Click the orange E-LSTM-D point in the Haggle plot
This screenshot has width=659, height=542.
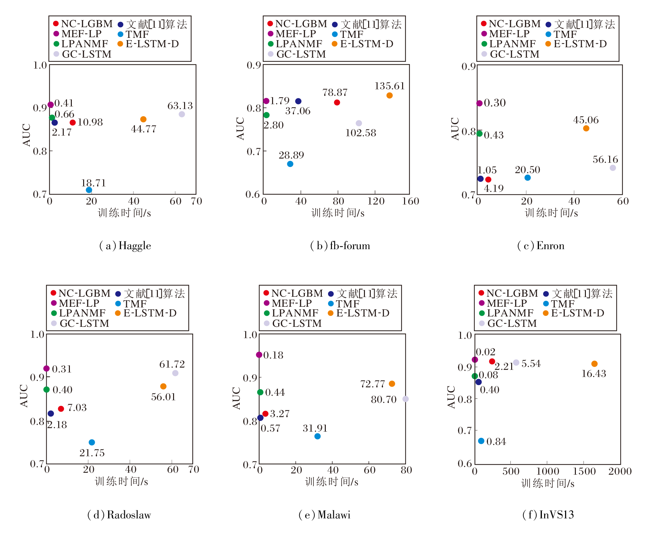(143, 119)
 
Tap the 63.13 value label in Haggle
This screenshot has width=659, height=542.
(180, 106)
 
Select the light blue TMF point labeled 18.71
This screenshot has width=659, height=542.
(89, 190)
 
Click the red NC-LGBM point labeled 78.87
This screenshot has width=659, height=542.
(337, 103)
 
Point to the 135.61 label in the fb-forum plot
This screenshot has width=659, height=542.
(390, 86)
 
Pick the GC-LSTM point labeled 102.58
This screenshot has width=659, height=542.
(359, 123)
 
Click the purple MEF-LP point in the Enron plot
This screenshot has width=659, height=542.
(479, 103)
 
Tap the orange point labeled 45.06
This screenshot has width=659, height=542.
(586, 128)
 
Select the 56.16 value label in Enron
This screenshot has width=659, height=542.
(605, 160)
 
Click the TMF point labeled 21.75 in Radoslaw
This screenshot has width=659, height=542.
(92, 442)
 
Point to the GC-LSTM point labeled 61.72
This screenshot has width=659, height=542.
(175, 373)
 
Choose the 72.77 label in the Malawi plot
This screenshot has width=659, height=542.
(372, 384)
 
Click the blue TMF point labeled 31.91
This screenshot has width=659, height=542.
(317, 436)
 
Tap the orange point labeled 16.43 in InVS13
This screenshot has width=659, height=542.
(594, 364)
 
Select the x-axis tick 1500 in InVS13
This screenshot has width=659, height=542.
(584, 471)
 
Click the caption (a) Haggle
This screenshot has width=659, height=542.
(125, 246)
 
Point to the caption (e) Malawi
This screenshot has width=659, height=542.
(324, 515)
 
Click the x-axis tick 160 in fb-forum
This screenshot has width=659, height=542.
(410, 201)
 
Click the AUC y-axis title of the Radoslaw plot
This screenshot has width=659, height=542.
(24, 395)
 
